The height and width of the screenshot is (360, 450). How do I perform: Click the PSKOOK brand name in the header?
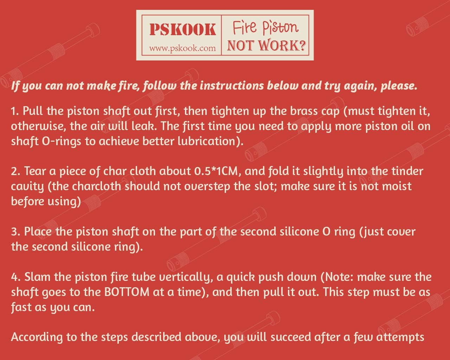click(182, 30)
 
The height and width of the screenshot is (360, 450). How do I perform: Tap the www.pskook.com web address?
click(182, 48)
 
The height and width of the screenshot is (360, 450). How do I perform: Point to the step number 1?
click(14, 111)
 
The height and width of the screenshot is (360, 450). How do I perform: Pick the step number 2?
click(15, 172)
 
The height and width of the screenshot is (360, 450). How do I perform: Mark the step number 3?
click(15, 232)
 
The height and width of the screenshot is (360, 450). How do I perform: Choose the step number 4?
click(15, 277)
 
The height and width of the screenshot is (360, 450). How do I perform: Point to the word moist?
click(395, 186)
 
